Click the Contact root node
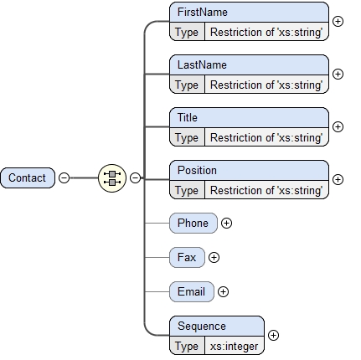[x=28, y=177]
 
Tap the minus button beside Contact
[x=64, y=177]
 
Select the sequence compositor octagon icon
[x=111, y=177]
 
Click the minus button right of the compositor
[x=135, y=177]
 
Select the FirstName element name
[x=203, y=13]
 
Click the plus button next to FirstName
[x=338, y=21]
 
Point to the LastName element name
[x=202, y=64]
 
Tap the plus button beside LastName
[x=338, y=74]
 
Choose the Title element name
[x=188, y=117]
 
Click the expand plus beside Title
[x=338, y=126]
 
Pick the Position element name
[x=197, y=170]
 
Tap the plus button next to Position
[x=338, y=179]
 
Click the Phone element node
[x=193, y=223]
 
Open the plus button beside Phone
[x=226, y=224]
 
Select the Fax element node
[x=186, y=257]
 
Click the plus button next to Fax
[x=214, y=258]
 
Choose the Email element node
[x=191, y=291]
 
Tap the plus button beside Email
[x=223, y=292]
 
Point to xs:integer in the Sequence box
[x=234, y=346]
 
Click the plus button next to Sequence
[x=273, y=336]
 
